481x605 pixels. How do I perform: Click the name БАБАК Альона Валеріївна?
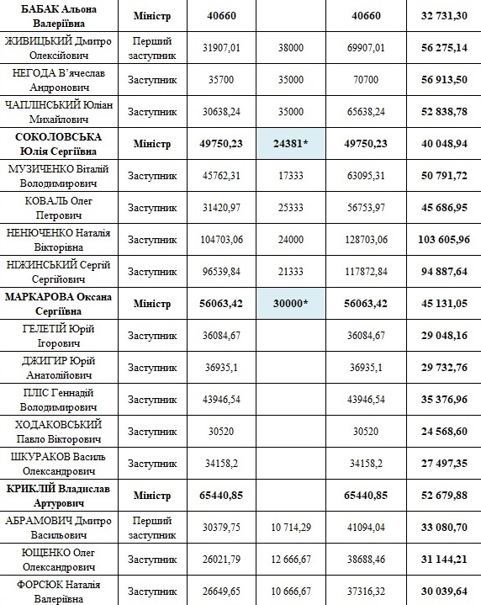pyautogui.click(x=61, y=17)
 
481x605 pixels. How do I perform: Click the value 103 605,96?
pyautogui.click(x=442, y=239)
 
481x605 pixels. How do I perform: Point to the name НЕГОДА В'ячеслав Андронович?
pyautogui.click(x=61, y=80)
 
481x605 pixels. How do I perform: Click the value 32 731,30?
pyautogui.click(x=442, y=17)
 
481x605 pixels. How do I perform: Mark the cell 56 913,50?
pyautogui.click(x=442, y=80)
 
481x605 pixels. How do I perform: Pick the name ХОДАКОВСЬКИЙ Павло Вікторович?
pyautogui.click(x=61, y=430)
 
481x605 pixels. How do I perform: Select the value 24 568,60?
pyautogui.click(x=442, y=430)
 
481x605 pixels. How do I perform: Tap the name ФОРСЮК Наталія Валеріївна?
pyautogui.click(x=61, y=589)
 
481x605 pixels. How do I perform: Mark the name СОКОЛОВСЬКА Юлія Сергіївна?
pyautogui.click(x=61, y=144)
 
